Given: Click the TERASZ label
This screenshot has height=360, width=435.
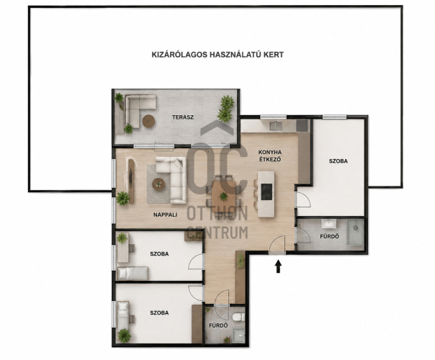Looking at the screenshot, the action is point(183,117).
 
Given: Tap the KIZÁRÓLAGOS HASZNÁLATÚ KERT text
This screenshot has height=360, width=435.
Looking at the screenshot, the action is point(217,55).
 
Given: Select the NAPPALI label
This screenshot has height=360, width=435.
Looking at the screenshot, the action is point(166,215).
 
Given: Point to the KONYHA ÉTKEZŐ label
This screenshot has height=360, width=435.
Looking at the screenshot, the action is point(270,156).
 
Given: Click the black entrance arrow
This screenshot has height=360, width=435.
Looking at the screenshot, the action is point(279,266).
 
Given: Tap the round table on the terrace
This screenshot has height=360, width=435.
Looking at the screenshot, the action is point(148,121).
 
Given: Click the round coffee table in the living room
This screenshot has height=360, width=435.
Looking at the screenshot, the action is point(158,184).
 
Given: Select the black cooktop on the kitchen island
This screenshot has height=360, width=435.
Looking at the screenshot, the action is point(266,191).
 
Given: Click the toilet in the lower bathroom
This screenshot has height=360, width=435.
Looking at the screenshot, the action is point(238,317).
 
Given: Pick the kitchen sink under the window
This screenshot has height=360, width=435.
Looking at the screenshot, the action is point(276,126).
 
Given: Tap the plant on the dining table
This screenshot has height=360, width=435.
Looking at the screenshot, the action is point(223,197).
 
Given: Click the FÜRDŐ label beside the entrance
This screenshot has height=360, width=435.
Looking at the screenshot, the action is point(329,237).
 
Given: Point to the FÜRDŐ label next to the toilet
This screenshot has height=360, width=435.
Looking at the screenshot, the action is point(218,325).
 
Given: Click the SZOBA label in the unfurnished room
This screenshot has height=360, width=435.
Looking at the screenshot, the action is point(338,161).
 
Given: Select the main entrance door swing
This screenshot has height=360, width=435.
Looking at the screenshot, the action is point(278,245).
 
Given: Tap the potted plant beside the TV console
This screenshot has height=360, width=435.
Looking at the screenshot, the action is point(122,198).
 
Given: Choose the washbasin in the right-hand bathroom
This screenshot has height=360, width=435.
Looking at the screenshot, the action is point(329,223).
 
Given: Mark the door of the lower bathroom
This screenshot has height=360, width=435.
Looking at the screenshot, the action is point(222,297).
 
